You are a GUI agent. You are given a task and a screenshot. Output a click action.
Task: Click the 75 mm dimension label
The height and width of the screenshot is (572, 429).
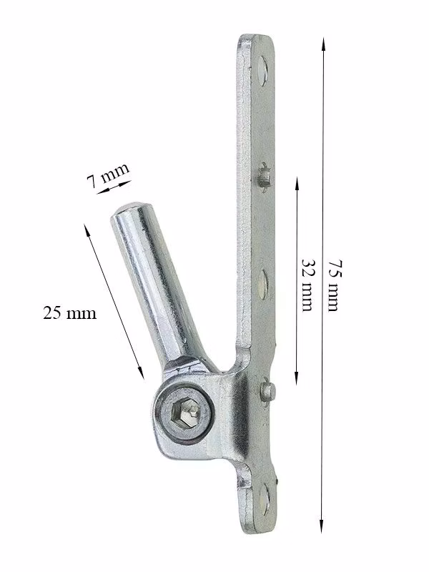332,285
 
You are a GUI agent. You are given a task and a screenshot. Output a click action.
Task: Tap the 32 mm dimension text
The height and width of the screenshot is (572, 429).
307,285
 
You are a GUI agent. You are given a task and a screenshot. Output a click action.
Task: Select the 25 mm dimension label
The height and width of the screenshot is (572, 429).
69,313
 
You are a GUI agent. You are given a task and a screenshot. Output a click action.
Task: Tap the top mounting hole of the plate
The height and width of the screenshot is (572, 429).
262,69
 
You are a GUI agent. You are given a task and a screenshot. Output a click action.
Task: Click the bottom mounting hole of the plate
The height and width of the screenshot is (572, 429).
265,500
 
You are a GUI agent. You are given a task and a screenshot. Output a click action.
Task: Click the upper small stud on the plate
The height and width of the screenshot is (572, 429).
264,177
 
